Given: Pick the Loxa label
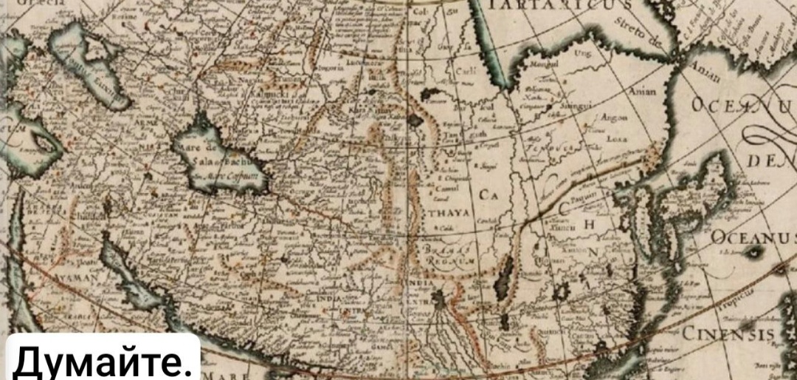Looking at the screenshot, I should tap(615, 138).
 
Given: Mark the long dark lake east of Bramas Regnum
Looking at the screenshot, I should tap(507, 282).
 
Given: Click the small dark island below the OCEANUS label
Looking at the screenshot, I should tap(754, 253).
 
